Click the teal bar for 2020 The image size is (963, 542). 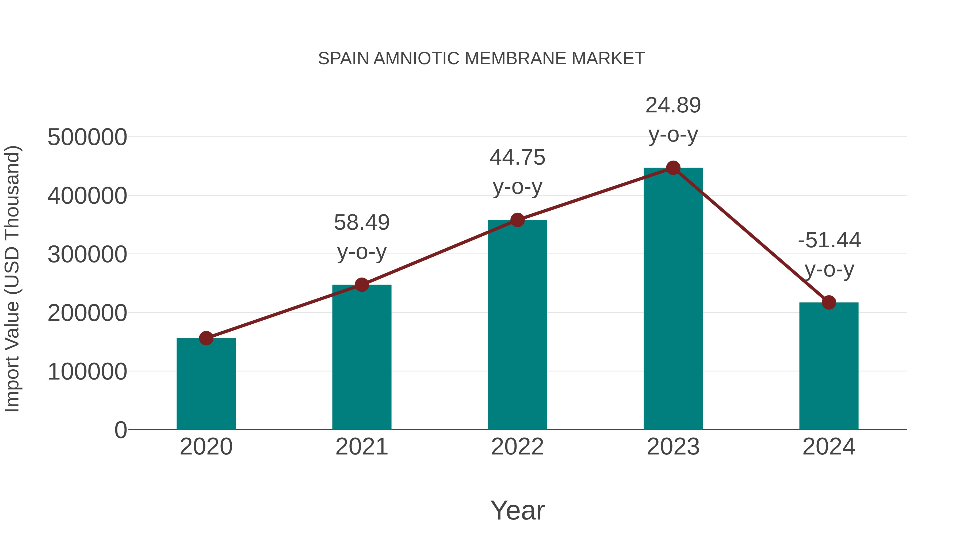coord(206,385)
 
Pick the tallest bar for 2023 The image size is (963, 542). coord(673,299)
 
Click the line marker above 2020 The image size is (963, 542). coord(206,338)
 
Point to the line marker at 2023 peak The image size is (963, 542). coord(673,168)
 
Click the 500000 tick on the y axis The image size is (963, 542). coord(87,137)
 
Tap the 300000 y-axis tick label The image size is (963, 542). coord(87,255)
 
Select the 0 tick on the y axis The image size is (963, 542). coord(120,430)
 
